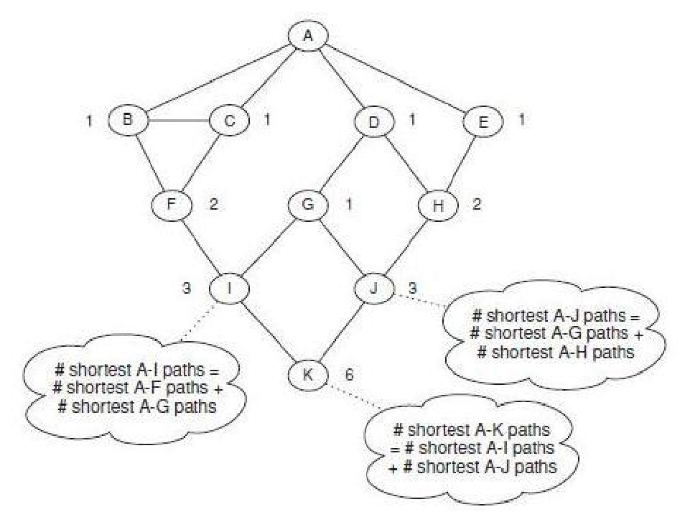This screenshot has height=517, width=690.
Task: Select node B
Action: click(x=128, y=120)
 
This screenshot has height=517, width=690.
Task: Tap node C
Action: click(x=229, y=120)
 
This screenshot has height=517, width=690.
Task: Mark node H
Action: click(x=438, y=205)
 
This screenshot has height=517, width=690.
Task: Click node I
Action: click(x=228, y=288)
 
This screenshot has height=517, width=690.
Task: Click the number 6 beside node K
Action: click(x=349, y=374)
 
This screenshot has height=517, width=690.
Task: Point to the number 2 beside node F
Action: click(x=213, y=205)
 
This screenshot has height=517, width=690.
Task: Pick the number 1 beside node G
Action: click(x=349, y=205)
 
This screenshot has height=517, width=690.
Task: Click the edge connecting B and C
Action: click(x=178, y=120)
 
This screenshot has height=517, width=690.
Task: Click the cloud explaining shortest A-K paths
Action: click(x=471, y=449)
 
